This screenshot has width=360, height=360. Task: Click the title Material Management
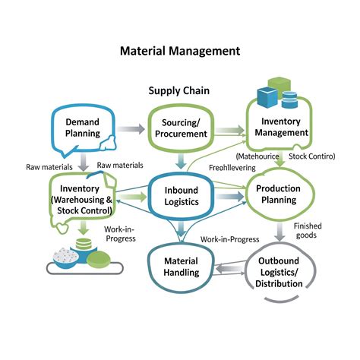click(x=180, y=52)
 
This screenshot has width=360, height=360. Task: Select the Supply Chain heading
click(x=178, y=91)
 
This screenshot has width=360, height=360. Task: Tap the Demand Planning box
click(x=82, y=128)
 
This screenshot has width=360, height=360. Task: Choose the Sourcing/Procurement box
click(x=180, y=128)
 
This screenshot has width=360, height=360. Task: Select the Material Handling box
click(x=181, y=267)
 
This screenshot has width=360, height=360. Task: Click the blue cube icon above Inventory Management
click(x=268, y=96)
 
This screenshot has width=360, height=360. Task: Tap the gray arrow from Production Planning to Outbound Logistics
click(x=279, y=232)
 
